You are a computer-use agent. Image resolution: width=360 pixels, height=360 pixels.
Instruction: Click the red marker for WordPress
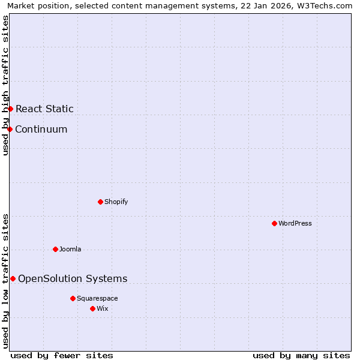(x=274, y=223)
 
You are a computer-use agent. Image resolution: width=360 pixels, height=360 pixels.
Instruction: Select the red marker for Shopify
(x=100, y=202)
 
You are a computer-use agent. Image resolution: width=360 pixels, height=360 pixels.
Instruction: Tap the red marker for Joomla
(x=55, y=249)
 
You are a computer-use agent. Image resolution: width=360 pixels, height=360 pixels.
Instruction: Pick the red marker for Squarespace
(x=73, y=298)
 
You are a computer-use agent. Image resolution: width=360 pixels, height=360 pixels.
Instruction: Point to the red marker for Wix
(x=92, y=308)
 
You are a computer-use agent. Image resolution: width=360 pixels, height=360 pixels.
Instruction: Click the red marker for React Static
(x=10, y=109)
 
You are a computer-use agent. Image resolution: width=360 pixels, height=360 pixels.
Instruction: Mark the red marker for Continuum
(x=10, y=129)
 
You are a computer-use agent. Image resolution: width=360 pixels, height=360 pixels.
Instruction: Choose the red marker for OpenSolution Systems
(x=13, y=278)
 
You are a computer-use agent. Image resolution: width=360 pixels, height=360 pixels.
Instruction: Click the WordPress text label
(x=295, y=223)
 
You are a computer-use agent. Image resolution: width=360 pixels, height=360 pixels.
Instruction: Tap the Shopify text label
(x=116, y=202)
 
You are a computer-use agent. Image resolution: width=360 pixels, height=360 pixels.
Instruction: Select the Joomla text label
(x=70, y=249)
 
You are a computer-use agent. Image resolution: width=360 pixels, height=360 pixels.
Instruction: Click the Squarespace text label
(x=97, y=298)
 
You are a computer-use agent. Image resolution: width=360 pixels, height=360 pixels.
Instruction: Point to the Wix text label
(x=103, y=308)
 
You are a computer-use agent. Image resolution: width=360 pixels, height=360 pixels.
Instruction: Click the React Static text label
(x=44, y=109)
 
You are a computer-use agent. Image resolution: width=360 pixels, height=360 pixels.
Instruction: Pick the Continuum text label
(x=41, y=129)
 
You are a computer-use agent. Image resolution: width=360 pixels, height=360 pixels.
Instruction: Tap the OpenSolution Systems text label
(x=73, y=278)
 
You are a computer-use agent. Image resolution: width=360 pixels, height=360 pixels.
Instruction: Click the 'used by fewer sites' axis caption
(x=62, y=355)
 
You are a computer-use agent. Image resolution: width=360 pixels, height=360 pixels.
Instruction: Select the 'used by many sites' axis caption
(x=301, y=355)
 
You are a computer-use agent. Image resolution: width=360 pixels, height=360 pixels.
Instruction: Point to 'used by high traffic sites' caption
(x=5, y=85)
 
